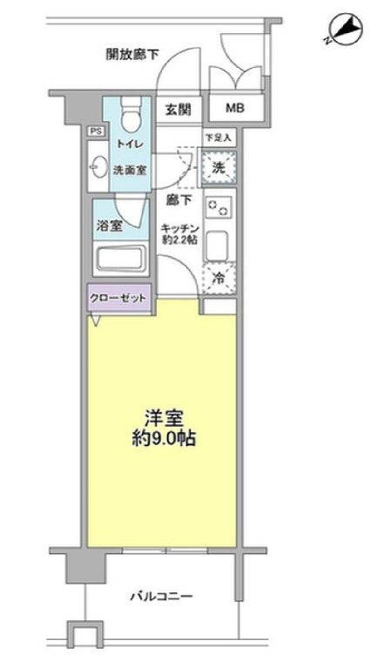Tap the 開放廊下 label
coord(132,54)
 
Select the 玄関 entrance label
coord(178,109)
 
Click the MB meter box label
coord(234,109)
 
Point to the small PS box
coord(95,132)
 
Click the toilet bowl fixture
coord(130,113)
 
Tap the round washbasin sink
coord(98,168)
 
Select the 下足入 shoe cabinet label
coord(219,138)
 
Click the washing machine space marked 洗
coord(219,168)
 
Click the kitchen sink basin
coord(219,245)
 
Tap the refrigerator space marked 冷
coord(219,278)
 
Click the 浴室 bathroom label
coord(109,226)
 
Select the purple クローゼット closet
coord(119,298)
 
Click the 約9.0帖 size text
coord(164,440)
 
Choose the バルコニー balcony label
coord(161,597)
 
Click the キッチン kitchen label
coord(178,229)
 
